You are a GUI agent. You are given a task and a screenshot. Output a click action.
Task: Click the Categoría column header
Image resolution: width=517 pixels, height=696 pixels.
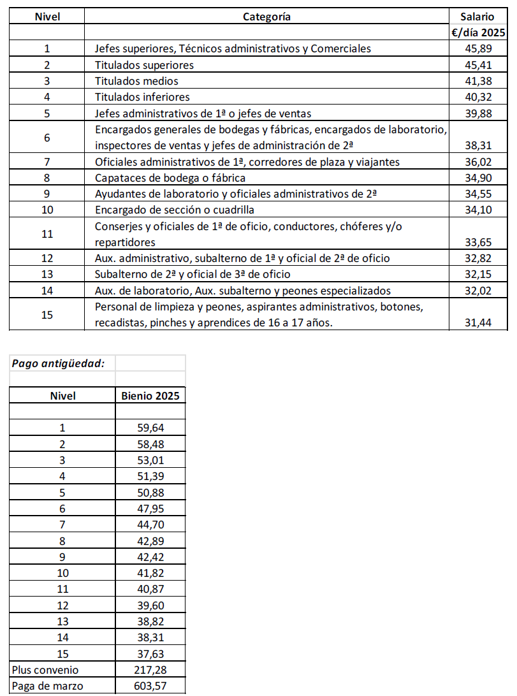pyautogui.click(x=266, y=17)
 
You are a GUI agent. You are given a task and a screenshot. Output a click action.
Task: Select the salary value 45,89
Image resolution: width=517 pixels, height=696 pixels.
pyautogui.click(x=478, y=48)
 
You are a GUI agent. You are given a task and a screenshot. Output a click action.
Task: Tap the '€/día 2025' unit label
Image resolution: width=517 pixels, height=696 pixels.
pyautogui.click(x=478, y=33)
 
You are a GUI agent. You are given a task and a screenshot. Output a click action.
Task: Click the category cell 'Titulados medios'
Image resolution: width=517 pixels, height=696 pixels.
pyautogui.click(x=136, y=81)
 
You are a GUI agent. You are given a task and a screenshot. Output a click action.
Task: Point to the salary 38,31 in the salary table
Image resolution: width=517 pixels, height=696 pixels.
pyautogui.click(x=478, y=146)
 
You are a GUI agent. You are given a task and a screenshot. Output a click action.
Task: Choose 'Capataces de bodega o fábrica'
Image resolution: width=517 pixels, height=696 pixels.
pyautogui.click(x=170, y=178)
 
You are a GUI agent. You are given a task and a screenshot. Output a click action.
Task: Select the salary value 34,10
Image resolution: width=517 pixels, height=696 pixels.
pyautogui.click(x=478, y=210)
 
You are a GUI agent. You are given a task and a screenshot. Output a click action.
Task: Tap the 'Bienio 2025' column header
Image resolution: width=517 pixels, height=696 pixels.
pyautogui.click(x=150, y=396)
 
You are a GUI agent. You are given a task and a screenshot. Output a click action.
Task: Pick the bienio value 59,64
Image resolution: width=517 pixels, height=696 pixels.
pyautogui.click(x=150, y=428)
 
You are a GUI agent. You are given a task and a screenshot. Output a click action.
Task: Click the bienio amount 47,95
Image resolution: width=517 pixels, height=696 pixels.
pyautogui.click(x=150, y=508)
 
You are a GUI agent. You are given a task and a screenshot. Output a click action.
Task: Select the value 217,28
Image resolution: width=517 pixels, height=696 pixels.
pyautogui.click(x=150, y=671)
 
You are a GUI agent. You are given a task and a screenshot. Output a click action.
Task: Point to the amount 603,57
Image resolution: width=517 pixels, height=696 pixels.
pyautogui.click(x=150, y=686)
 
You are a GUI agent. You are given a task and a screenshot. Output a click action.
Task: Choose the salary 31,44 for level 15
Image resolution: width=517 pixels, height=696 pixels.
pyautogui.click(x=478, y=323)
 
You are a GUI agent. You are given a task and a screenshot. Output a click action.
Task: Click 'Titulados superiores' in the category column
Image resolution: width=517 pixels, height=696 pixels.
pyautogui.click(x=144, y=65)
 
